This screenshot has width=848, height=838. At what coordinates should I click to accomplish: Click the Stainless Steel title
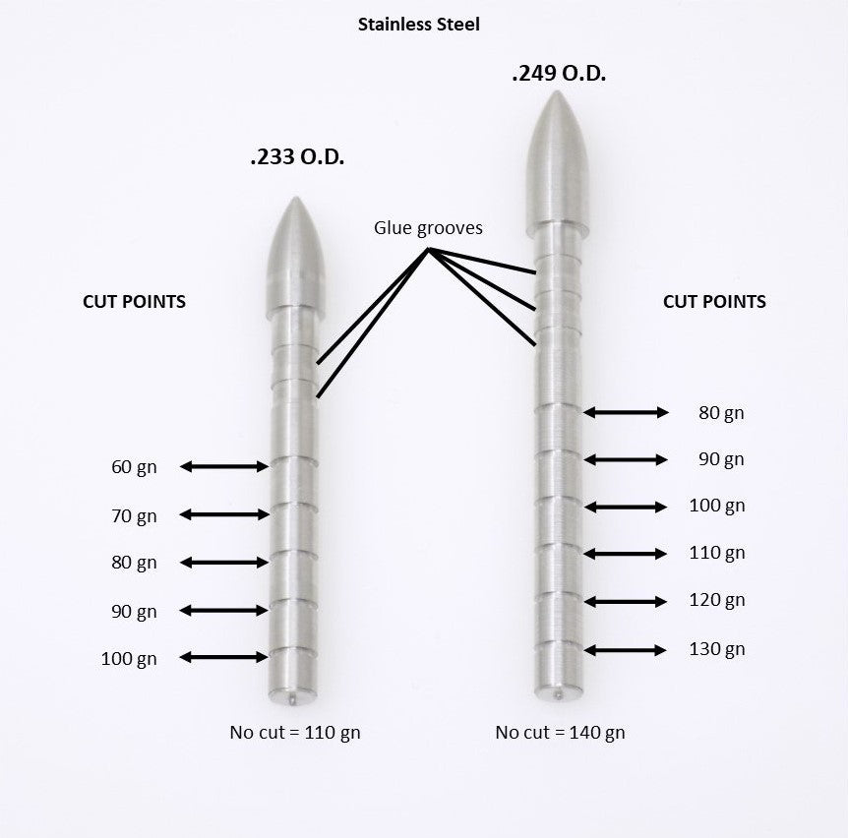tap(419, 25)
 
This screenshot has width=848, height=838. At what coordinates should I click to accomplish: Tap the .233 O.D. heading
tap(297, 156)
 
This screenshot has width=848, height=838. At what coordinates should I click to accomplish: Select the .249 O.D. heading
tap(559, 74)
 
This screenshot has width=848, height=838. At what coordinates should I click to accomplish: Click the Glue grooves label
tap(428, 228)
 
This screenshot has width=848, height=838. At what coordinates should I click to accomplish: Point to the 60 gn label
tap(134, 467)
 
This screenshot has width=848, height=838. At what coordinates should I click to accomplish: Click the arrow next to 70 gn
tap(224, 514)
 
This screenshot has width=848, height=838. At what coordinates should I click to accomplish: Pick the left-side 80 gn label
tap(134, 564)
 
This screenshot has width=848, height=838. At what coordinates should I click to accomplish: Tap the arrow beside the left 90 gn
tap(224, 611)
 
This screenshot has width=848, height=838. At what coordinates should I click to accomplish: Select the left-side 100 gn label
tap(129, 659)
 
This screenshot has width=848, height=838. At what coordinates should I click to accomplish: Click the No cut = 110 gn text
tap(295, 733)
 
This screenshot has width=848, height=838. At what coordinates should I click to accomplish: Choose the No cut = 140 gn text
tap(560, 733)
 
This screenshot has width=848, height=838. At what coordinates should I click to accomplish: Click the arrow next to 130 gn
tap(626, 650)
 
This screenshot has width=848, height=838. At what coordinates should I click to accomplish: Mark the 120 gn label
tap(717, 600)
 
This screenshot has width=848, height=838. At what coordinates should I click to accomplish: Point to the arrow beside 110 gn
tap(626, 554)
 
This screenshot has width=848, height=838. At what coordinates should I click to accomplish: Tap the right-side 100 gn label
tap(717, 507)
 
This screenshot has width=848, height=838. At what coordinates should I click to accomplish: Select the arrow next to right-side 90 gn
tap(626, 459)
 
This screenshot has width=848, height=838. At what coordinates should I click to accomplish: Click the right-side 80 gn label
tap(721, 413)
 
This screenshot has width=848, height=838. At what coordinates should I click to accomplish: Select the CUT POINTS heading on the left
tap(134, 302)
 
